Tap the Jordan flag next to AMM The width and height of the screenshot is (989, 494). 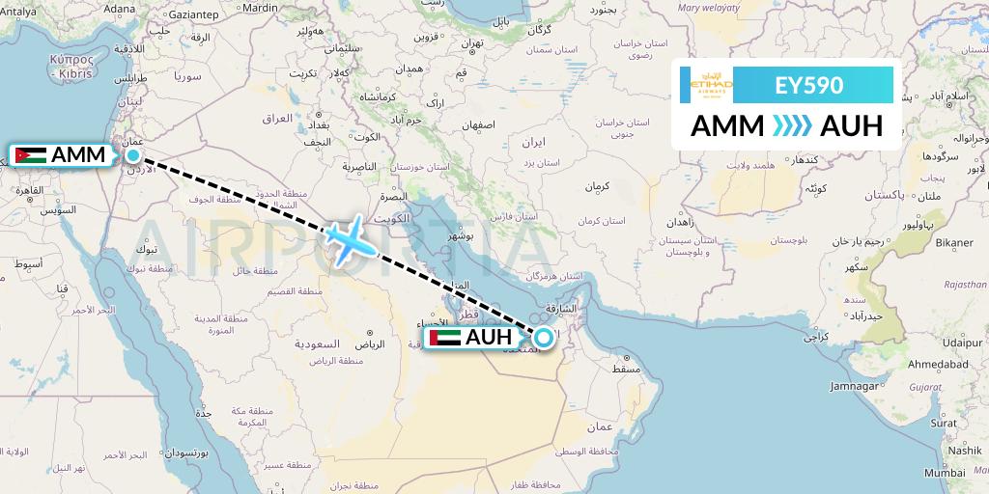(x=30, y=154)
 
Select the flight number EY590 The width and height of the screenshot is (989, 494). (x=809, y=85)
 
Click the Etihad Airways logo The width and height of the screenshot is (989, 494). (x=713, y=85)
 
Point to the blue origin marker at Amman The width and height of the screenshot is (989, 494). (x=133, y=154)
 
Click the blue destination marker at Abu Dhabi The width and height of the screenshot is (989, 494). (x=544, y=338)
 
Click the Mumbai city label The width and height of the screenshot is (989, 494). (x=944, y=473)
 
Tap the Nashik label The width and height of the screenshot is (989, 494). (x=964, y=450)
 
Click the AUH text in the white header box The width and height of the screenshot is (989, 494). (x=851, y=126)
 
